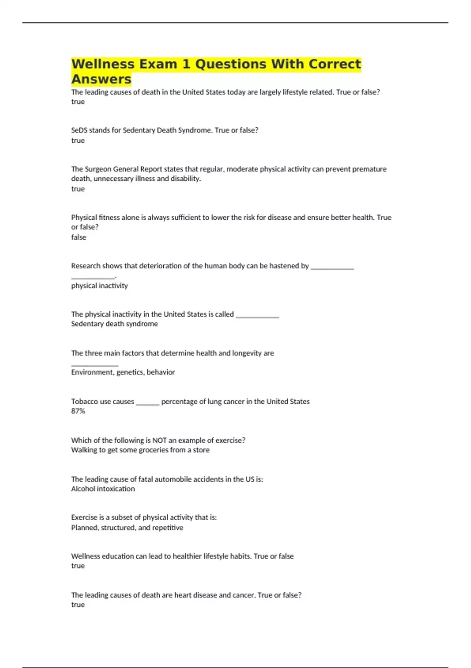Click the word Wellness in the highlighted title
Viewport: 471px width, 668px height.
102,64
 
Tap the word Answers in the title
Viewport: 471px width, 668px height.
101,79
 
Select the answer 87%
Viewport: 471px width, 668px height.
78,411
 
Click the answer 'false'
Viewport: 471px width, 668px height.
78,237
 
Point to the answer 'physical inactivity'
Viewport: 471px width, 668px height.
99,286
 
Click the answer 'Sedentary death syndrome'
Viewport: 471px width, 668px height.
114,324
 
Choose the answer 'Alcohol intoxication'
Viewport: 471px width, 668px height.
103,489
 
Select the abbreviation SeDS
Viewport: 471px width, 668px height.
79,130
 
